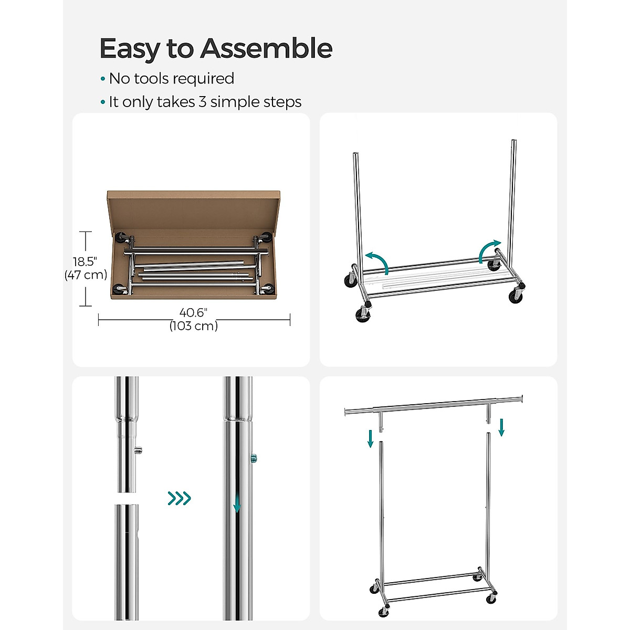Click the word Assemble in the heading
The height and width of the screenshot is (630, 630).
[x=266, y=49]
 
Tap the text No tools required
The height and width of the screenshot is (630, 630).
[x=171, y=79]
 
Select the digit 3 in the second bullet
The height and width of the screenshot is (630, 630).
[x=202, y=102]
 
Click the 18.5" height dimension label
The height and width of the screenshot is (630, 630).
[x=86, y=261]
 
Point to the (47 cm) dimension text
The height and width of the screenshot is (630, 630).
[x=86, y=275]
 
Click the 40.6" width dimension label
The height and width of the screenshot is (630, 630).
[x=193, y=313]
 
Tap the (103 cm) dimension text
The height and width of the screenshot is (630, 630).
[x=193, y=326]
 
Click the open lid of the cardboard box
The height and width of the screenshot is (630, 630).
[x=194, y=210]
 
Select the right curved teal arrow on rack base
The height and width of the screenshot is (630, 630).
[x=489, y=251]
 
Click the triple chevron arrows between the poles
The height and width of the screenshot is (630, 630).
[x=179, y=498]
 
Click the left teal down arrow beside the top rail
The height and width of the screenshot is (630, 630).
[x=371, y=438]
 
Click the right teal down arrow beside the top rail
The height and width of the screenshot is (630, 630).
[x=501, y=427]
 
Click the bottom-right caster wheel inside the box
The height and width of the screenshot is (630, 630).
[x=268, y=289]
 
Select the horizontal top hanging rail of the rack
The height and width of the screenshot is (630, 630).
[x=433, y=405]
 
